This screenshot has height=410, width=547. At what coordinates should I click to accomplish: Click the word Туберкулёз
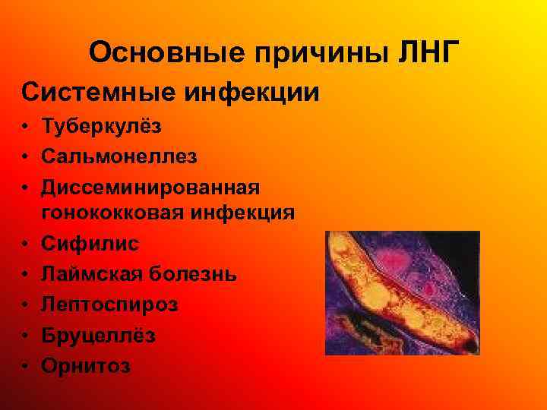101,126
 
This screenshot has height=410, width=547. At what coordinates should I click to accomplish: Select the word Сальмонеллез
119,156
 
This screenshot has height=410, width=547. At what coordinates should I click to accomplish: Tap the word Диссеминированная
150,186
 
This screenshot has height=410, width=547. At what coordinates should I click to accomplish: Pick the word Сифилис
90,244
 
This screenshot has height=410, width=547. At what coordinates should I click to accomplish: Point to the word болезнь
194,273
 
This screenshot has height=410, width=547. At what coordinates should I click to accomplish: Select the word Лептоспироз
109,304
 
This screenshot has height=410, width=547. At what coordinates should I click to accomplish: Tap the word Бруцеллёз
99,335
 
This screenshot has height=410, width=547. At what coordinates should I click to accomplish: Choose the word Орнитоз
86,365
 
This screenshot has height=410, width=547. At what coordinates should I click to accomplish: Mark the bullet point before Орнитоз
26,366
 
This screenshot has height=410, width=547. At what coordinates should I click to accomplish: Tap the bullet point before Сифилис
26,244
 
